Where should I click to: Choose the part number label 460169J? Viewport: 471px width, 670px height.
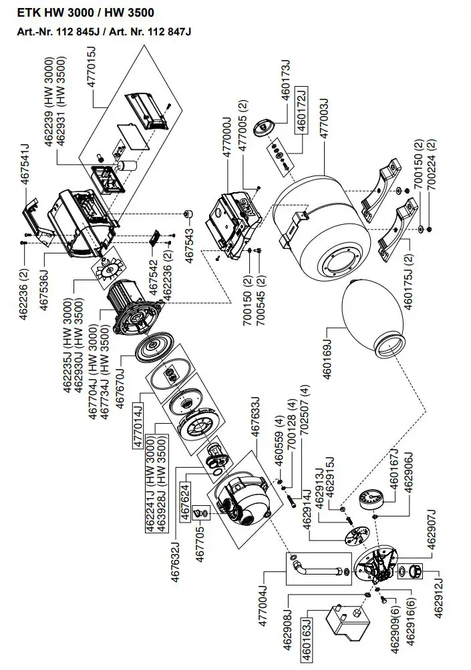pos(329,354)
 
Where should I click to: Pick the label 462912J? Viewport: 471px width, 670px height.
pos(439,594)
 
